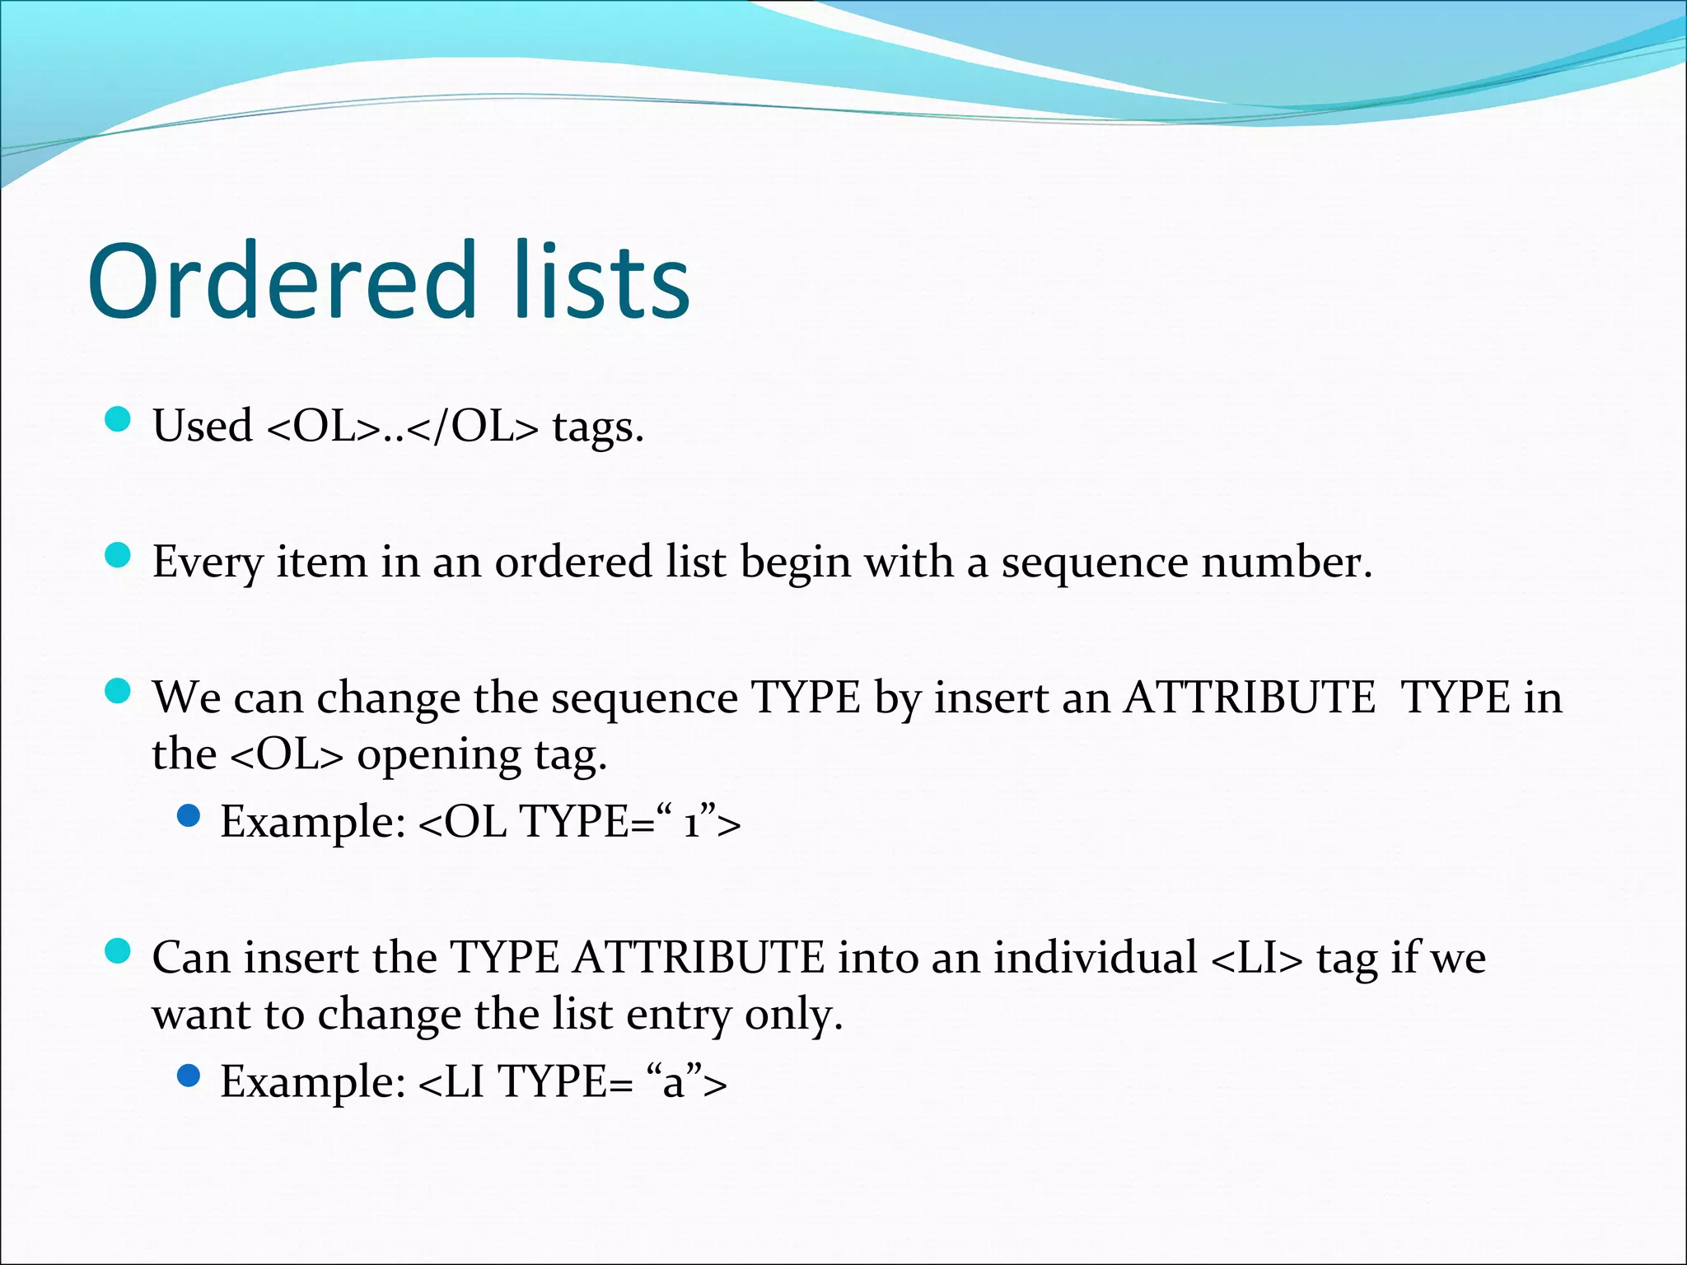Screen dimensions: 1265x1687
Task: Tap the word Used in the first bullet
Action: [203, 427]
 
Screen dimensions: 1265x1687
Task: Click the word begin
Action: [796, 563]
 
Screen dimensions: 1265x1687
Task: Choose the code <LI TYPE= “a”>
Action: [573, 1081]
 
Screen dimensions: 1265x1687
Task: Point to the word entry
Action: [679, 1015]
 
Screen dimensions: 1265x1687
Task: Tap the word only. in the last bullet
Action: [794, 1015]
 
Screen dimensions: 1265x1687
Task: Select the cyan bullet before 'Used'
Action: [119, 420]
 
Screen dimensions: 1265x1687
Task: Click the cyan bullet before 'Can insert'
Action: [119, 951]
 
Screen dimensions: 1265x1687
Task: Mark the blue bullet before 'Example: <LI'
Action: [189, 1076]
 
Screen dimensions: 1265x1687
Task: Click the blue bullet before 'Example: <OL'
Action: [189, 816]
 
